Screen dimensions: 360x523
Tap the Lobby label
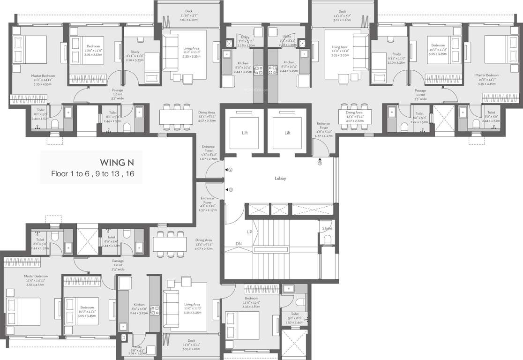(280, 179)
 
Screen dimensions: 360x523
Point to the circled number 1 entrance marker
(231, 190)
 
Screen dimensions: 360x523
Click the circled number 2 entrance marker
(231, 170)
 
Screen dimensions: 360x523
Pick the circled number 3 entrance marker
(320, 164)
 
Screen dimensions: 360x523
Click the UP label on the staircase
(250, 232)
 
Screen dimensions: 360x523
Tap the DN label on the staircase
(239, 244)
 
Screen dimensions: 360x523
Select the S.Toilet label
(327, 228)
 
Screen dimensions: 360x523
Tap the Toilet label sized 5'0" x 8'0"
(294, 314)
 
